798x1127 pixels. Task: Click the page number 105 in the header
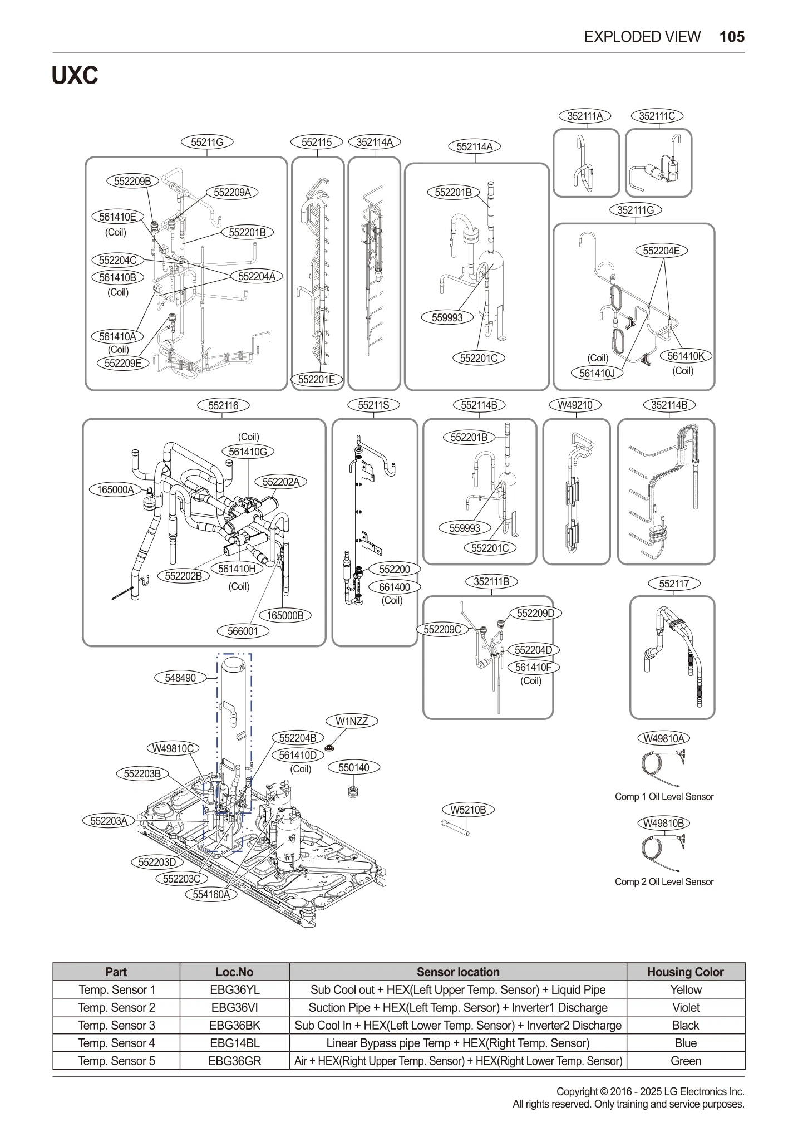point(731,37)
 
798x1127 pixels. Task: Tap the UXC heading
point(75,76)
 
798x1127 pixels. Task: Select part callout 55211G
point(207,142)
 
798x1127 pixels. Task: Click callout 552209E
point(123,363)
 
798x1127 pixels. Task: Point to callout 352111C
point(657,116)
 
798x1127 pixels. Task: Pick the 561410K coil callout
point(686,356)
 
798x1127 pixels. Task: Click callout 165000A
point(115,489)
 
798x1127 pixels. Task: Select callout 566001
point(243,631)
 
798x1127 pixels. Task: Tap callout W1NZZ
point(352,721)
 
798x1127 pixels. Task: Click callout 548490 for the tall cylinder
point(180,678)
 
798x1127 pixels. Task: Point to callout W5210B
point(468,810)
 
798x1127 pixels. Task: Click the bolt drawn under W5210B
point(455,828)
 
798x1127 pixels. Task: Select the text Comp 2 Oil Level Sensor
point(663,881)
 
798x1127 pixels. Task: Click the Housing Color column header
point(685,972)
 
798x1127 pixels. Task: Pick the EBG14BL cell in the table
point(234,1043)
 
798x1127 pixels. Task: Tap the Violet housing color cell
point(685,1007)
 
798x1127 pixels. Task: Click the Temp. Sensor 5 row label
point(116,1061)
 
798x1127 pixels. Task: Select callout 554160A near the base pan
point(211,894)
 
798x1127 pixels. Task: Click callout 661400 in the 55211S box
point(394,587)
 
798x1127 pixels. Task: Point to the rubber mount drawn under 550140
point(352,791)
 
